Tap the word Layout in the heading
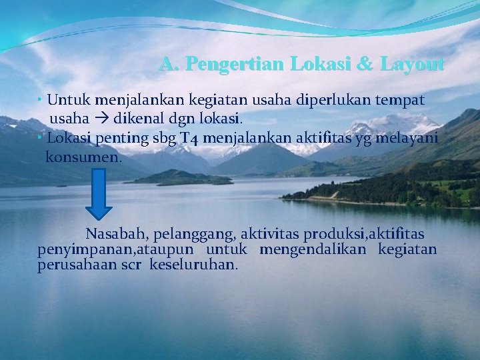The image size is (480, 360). [411, 64]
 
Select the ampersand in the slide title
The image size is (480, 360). [365, 64]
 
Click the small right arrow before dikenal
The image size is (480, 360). [104, 120]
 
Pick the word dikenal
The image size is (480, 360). [139, 120]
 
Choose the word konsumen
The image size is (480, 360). [83, 158]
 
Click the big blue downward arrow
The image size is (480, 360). [99, 193]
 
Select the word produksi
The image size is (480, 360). [331, 235]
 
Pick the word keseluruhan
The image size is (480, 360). [193, 264]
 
